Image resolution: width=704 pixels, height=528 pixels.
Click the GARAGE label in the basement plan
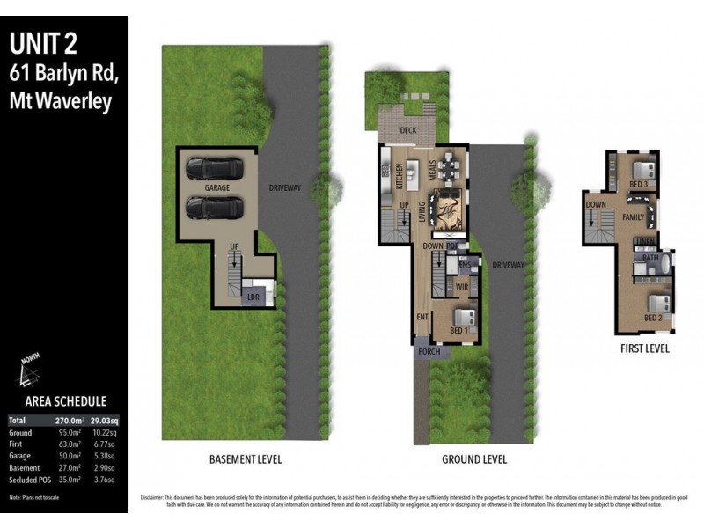click(x=217, y=188)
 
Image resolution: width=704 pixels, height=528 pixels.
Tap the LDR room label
click(x=253, y=297)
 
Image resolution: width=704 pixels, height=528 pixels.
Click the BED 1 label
click(x=458, y=330)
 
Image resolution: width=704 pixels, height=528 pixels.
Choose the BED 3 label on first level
click(x=639, y=184)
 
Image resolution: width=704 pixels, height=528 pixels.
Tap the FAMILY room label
click(x=633, y=216)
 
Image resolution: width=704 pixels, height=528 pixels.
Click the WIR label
click(x=461, y=286)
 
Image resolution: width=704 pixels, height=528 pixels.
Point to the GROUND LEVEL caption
click(x=473, y=459)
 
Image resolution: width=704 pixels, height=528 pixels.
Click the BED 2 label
click(x=652, y=317)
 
